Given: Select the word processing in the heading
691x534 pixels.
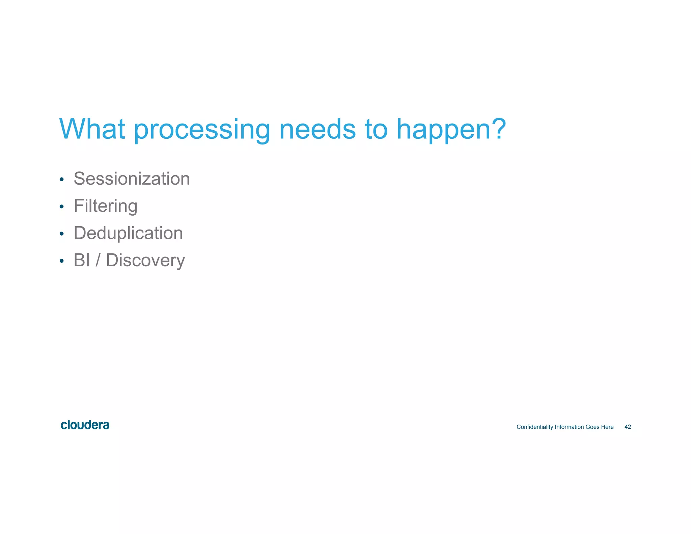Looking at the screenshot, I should pos(202,130).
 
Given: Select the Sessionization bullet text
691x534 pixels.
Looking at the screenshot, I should pos(132,179).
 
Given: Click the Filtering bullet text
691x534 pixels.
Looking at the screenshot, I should pos(105,206).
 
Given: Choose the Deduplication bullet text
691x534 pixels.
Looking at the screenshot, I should pos(128,233).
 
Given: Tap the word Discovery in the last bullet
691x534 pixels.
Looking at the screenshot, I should pos(145,261).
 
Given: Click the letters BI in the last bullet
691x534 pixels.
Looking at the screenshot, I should pos(82,260).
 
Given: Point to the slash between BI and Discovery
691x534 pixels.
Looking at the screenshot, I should pos(98,260).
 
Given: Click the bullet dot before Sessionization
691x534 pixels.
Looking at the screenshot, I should pos(61,179).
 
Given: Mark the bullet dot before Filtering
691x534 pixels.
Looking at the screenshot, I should pos(61,207).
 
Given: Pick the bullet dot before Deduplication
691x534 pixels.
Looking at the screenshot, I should pos(61,234).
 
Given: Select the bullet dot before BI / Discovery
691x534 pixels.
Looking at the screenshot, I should pos(61,261).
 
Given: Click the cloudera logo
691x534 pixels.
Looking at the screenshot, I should pos(85,425).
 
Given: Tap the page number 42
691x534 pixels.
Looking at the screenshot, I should pos(628,427).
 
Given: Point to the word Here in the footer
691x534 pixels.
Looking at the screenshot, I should pos(607,427).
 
